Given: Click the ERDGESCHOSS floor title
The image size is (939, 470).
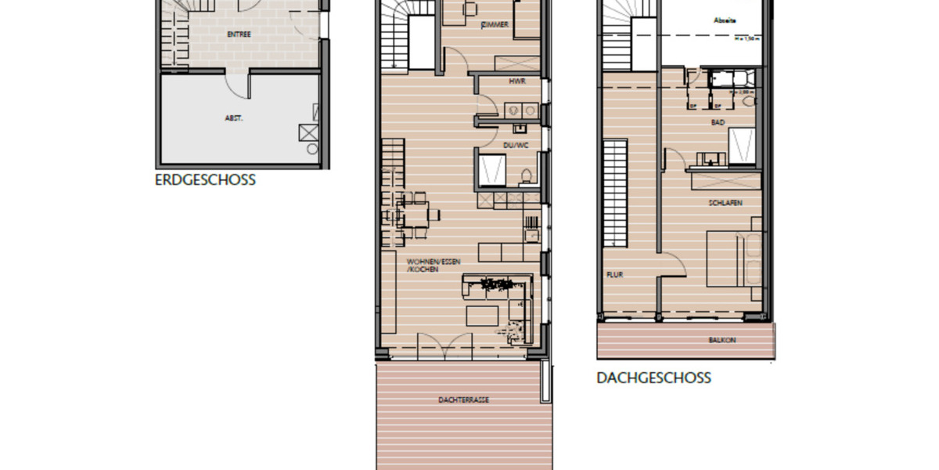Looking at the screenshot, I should [x=205, y=180].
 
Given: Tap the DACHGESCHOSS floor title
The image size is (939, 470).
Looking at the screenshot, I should [x=653, y=378].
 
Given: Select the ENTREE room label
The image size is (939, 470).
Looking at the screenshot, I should [x=239, y=34].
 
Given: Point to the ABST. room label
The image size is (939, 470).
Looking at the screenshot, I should [x=234, y=118].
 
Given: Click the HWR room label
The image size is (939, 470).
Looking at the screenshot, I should [x=516, y=81].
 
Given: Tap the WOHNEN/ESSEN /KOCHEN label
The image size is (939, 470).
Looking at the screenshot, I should [x=427, y=265].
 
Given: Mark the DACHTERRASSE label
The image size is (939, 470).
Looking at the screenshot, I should [x=464, y=399].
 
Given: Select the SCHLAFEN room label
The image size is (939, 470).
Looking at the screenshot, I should [x=726, y=203].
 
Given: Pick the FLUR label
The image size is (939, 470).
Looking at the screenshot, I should [x=613, y=275].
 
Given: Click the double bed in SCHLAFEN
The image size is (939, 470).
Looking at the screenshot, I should [x=733, y=258].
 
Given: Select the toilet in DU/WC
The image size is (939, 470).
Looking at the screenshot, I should [x=527, y=174].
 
